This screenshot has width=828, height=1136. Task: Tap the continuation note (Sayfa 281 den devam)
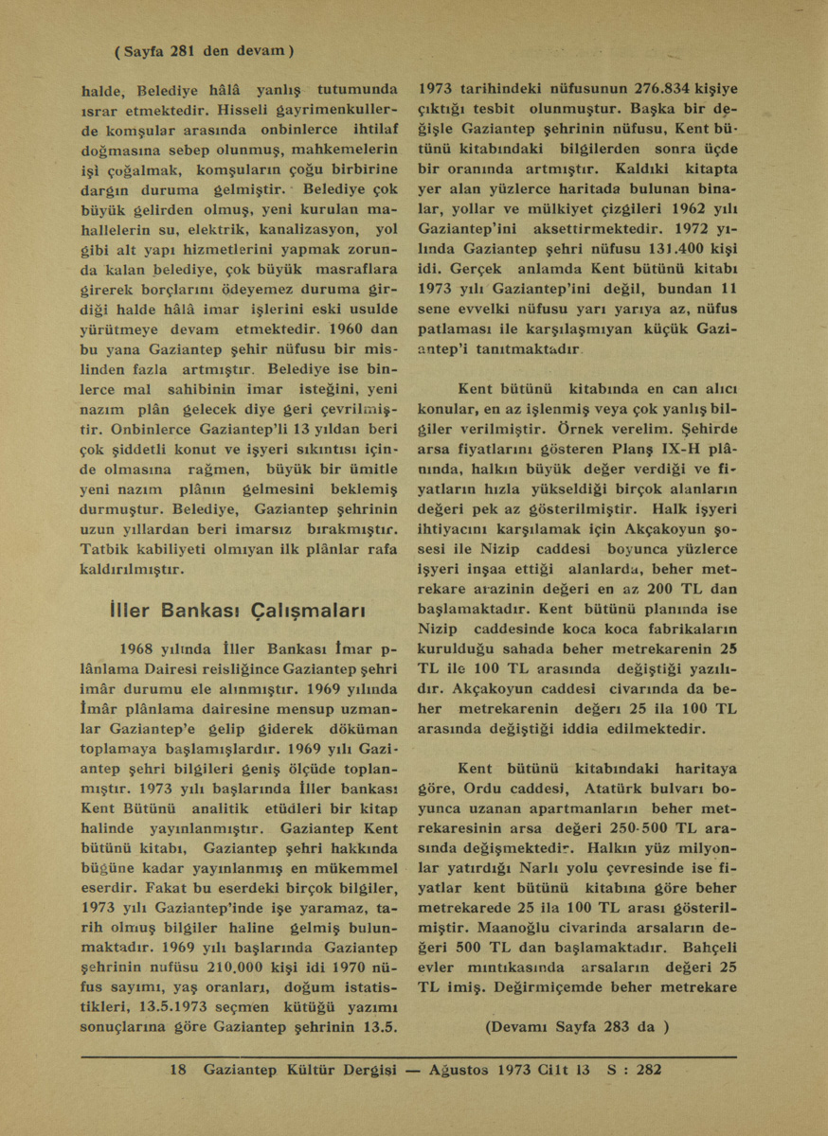(x=205, y=50)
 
